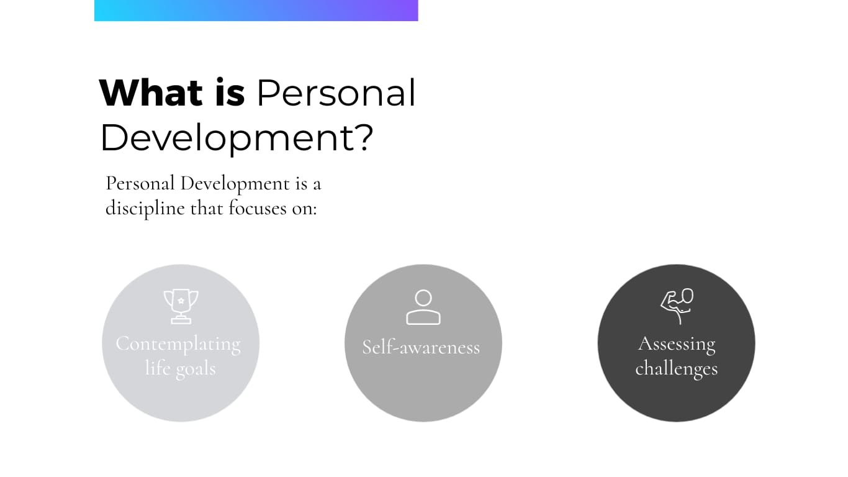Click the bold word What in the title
151,93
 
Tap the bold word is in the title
230,92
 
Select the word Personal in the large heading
336,93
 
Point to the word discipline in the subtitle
145,209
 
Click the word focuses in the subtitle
258,208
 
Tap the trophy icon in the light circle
181,306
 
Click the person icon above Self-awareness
423,307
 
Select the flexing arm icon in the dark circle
677,306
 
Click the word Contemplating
178,344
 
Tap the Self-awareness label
421,347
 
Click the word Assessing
677,344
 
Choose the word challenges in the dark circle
677,368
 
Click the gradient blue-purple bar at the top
256,10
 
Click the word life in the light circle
158,368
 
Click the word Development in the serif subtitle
235,183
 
